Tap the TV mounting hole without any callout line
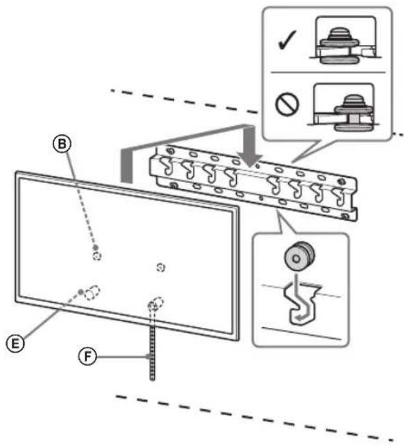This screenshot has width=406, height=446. (160, 265)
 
